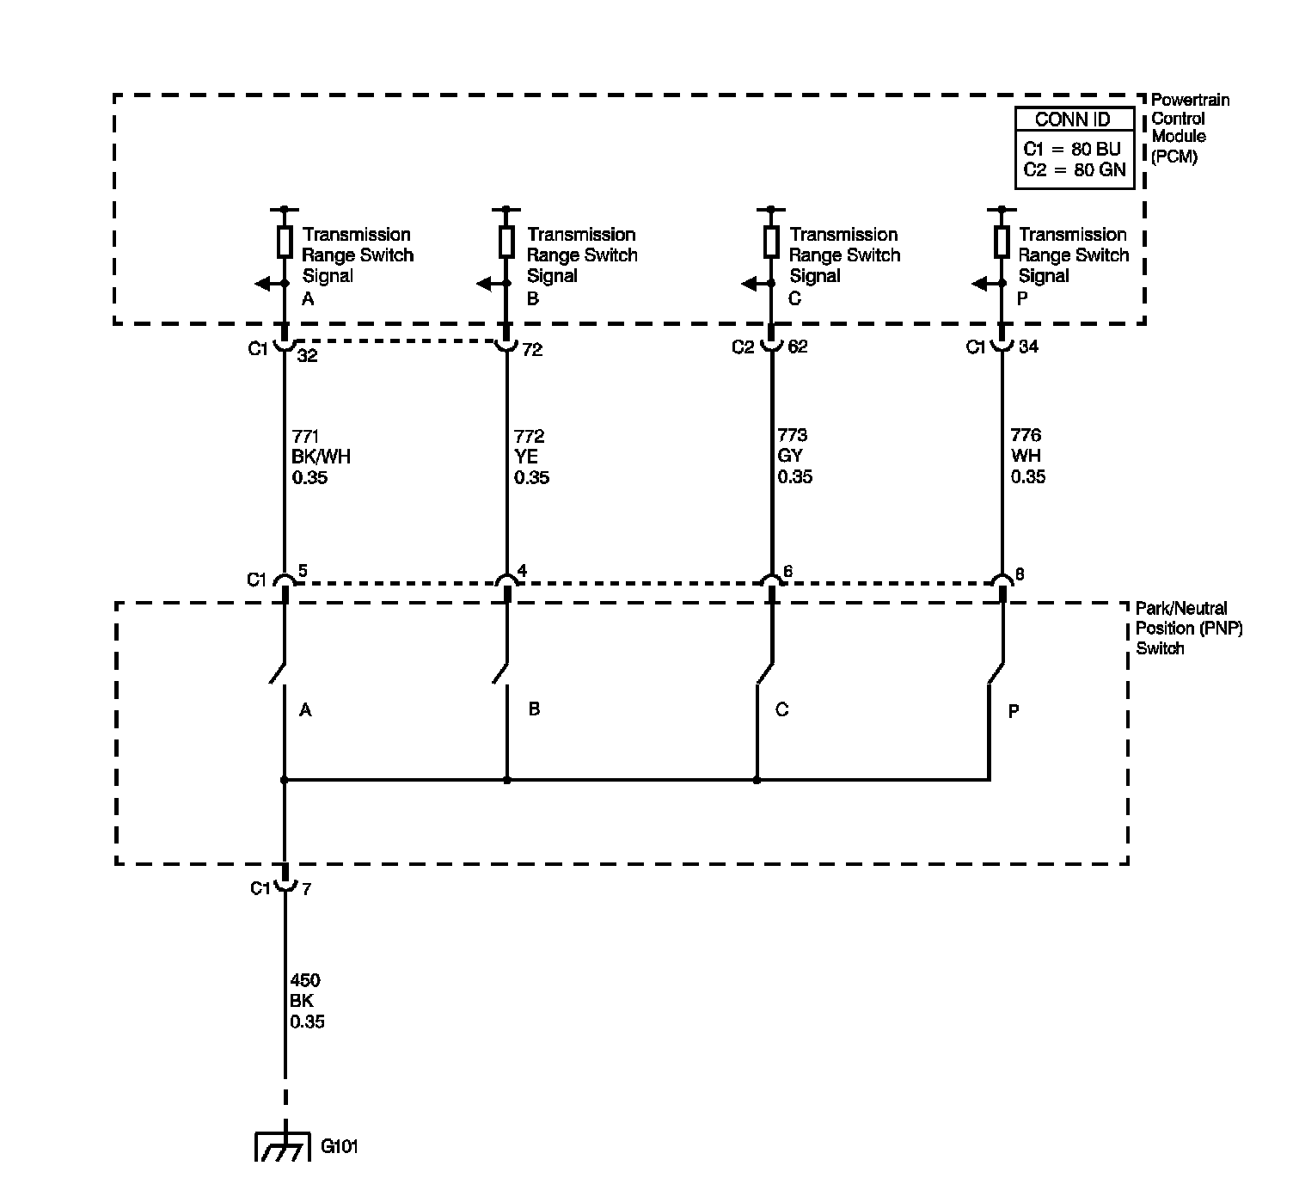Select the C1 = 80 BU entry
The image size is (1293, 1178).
coord(1072,148)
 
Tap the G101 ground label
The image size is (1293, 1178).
coord(339,1146)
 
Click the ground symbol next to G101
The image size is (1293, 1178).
coord(283,1150)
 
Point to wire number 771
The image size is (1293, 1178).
coord(306,436)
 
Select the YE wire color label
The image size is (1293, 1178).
coord(526,457)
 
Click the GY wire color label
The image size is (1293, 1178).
coord(789,456)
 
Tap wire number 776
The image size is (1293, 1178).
coord(1026,435)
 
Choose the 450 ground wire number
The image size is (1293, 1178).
coord(305,980)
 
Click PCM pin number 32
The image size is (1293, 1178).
coord(307,355)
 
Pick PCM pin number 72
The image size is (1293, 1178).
coord(532,350)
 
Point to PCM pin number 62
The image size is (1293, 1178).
coord(797,347)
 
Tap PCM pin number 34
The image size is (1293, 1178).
coord(1027,347)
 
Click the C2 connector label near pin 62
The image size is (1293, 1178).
coord(743,347)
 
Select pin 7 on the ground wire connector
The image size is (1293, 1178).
coord(306,889)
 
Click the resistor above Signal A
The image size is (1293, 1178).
coord(285,242)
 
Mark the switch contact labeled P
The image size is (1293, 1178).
coord(996,675)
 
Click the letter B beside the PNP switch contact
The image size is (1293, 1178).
coord(534,709)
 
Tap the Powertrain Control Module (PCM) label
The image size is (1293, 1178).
coord(1189,128)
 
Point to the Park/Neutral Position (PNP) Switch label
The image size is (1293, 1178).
coord(1189,628)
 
